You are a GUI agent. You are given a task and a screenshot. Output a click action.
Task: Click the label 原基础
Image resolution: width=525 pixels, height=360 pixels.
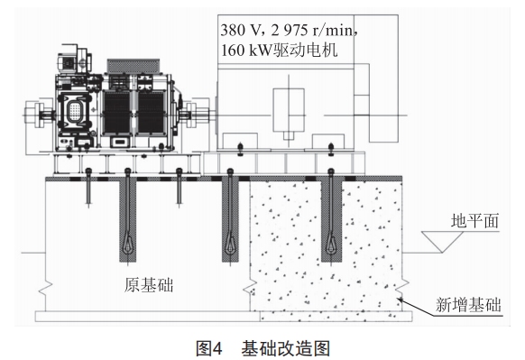pyautogui.click(x=149, y=285)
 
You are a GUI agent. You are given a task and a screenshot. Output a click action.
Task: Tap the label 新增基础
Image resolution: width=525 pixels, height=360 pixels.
pyautogui.click(x=468, y=305)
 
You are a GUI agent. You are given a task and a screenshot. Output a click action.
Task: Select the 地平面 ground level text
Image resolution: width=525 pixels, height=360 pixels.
pyautogui.click(x=474, y=221)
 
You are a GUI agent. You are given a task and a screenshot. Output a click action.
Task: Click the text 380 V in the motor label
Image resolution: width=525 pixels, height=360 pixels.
pyautogui.click(x=237, y=30)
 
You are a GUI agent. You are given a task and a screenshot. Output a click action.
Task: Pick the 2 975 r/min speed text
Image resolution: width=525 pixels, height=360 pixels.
pyautogui.click(x=312, y=30)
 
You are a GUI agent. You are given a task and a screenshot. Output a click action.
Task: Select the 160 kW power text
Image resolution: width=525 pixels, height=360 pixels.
pyautogui.click(x=246, y=51)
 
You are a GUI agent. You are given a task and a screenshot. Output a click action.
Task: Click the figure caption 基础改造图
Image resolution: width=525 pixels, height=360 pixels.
pyautogui.click(x=286, y=348)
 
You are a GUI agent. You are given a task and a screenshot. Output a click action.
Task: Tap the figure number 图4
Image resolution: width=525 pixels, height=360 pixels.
pyautogui.click(x=209, y=348)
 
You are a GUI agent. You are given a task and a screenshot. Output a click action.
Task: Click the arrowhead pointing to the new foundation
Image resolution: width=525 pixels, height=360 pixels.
pyautogui.click(x=401, y=300)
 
